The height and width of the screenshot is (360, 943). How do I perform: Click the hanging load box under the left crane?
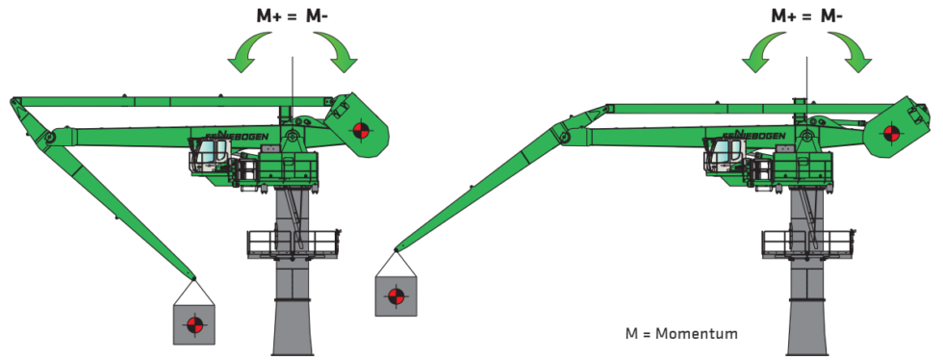click(193, 323)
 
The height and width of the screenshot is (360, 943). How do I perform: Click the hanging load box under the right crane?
click(395, 296)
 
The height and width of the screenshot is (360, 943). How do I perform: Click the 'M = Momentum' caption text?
click(681, 334)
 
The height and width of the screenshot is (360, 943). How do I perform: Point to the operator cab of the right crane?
click(727, 154)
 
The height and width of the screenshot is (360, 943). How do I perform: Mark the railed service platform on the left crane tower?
click(293, 242)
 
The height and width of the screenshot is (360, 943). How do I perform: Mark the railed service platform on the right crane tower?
click(807, 242)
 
